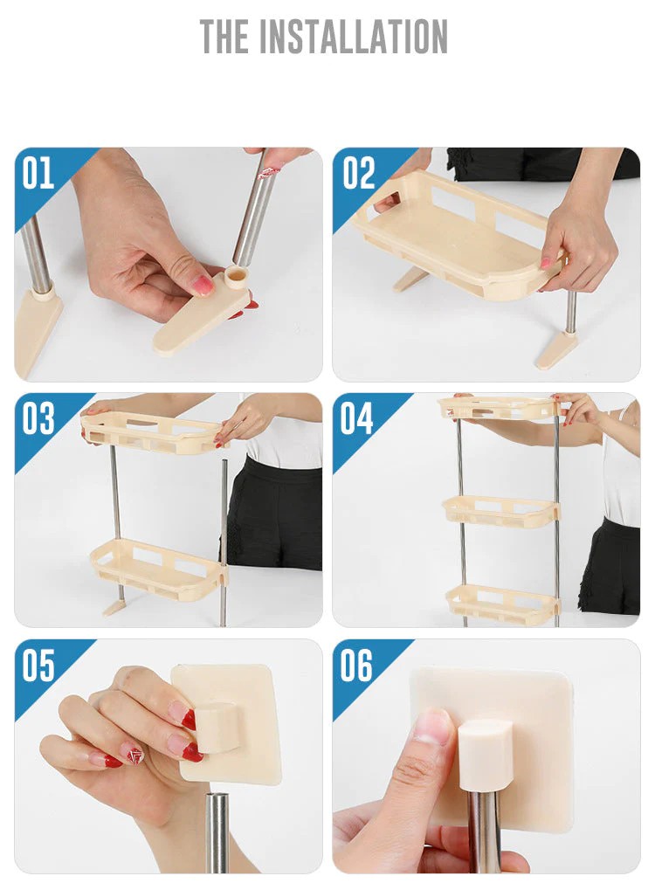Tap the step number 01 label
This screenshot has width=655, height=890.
[x=38, y=174]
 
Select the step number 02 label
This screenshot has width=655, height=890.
[x=358, y=174]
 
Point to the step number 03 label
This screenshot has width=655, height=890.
[x=38, y=420]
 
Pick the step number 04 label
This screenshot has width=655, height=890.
[x=358, y=420]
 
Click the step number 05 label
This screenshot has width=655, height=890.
[x=38, y=666]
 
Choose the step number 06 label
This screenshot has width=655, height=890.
[x=358, y=666]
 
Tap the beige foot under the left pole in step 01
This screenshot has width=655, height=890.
[x=36, y=327]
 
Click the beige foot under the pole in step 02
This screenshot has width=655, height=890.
[x=556, y=349]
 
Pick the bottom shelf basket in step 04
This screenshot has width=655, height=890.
[x=502, y=603]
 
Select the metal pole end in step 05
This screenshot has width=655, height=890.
[x=217, y=830]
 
